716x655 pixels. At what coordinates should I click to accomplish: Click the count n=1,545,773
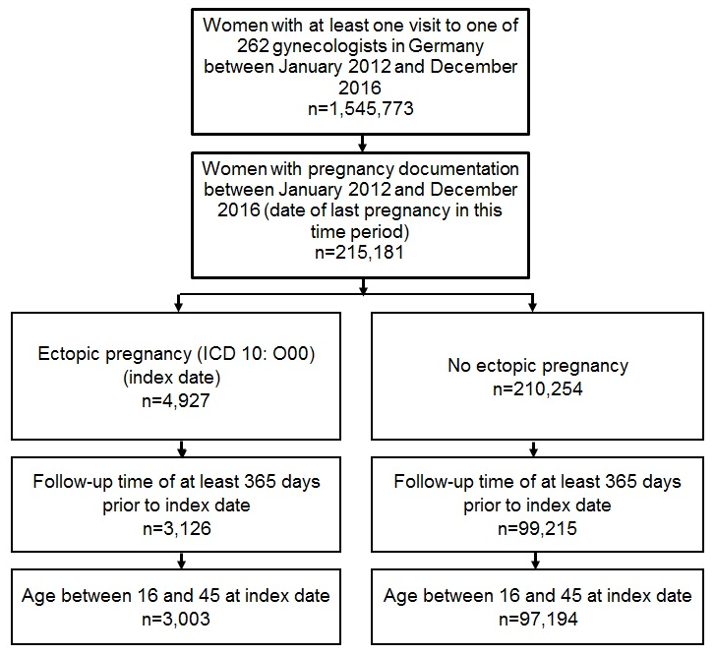[361, 109]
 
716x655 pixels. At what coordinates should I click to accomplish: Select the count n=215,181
[360, 252]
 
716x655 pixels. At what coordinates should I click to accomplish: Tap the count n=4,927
[176, 400]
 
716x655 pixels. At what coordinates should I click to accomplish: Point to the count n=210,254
[538, 388]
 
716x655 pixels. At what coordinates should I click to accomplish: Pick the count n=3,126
[177, 528]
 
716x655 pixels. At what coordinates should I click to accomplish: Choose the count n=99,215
[537, 528]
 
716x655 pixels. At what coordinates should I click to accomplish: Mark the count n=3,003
[176, 619]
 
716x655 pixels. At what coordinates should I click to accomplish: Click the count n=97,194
[538, 619]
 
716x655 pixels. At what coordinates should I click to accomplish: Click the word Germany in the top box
[447, 46]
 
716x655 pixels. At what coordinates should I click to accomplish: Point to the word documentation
[458, 169]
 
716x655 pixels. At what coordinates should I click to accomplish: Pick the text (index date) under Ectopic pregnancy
[172, 378]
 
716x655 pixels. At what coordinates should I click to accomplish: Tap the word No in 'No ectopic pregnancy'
[458, 366]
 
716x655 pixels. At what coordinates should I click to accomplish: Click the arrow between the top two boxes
[363, 143]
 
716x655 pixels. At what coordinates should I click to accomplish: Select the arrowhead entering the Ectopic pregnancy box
[179, 307]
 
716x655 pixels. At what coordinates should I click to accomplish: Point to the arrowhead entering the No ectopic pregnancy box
[532, 307]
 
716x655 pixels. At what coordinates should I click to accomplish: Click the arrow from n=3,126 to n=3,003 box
[181, 561]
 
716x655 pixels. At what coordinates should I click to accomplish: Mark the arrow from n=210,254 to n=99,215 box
[533, 448]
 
